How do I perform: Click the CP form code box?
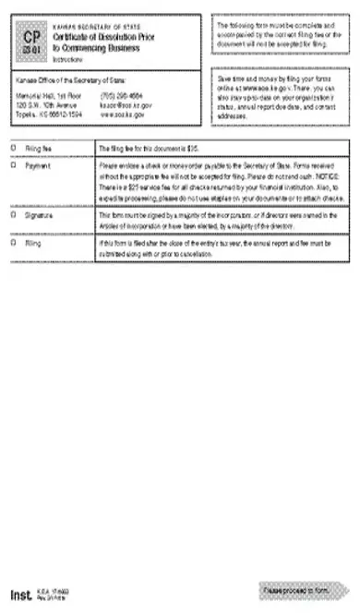pyautogui.click(x=33, y=41)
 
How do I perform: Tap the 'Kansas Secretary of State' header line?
pyautogui.click(x=98, y=25)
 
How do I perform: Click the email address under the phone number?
pyautogui.click(x=126, y=105)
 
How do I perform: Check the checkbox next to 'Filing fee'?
pyautogui.click(x=13, y=147)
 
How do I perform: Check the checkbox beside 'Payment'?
pyautogui.click(x=13, y=165)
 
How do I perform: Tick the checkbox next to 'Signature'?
pyautogui.click(x=13, y=213)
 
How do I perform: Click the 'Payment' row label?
pyautogui.click(x=39, y=165)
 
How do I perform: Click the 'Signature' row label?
pyautogui.click(x=41, y=213)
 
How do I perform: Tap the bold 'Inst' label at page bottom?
pyautogui.click(x=21, y=595)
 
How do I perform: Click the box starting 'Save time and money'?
pyautogui.click(x=280, y=96)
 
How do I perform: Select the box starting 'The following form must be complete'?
pyautogui.click(x=280, y=34)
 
